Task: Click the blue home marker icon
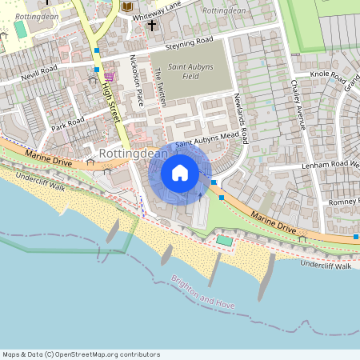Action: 180,172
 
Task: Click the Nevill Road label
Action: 39,70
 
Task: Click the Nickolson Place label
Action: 137,79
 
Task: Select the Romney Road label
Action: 343,200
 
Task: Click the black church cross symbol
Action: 151,25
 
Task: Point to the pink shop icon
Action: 109,76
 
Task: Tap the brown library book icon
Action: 126,7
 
